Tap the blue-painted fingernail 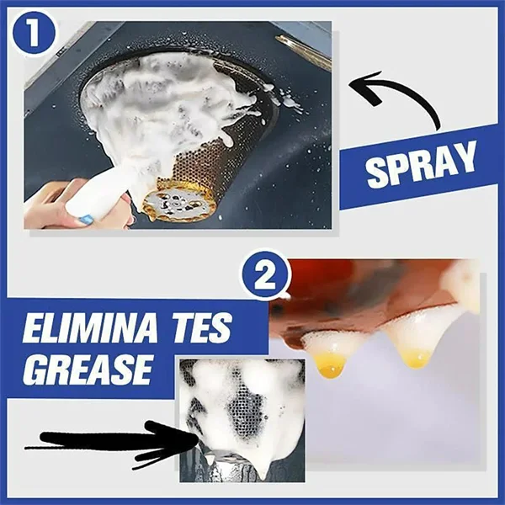click(87, 218)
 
